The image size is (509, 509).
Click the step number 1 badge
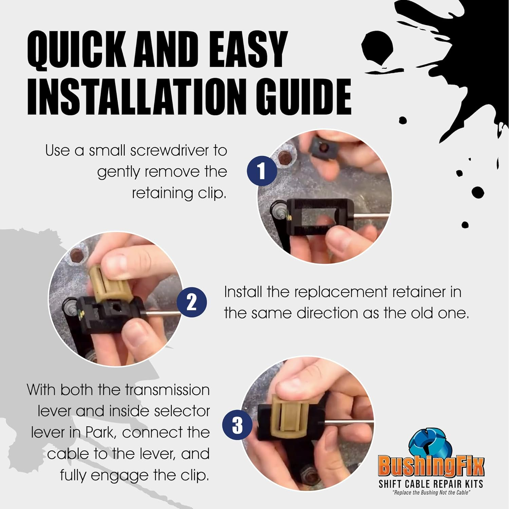click(262, 171)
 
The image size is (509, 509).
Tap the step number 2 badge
click(192, 302)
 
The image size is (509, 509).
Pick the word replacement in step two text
click(343, 292)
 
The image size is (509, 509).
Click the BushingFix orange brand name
click(431, 467)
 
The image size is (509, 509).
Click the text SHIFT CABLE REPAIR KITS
click(431, 484)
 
